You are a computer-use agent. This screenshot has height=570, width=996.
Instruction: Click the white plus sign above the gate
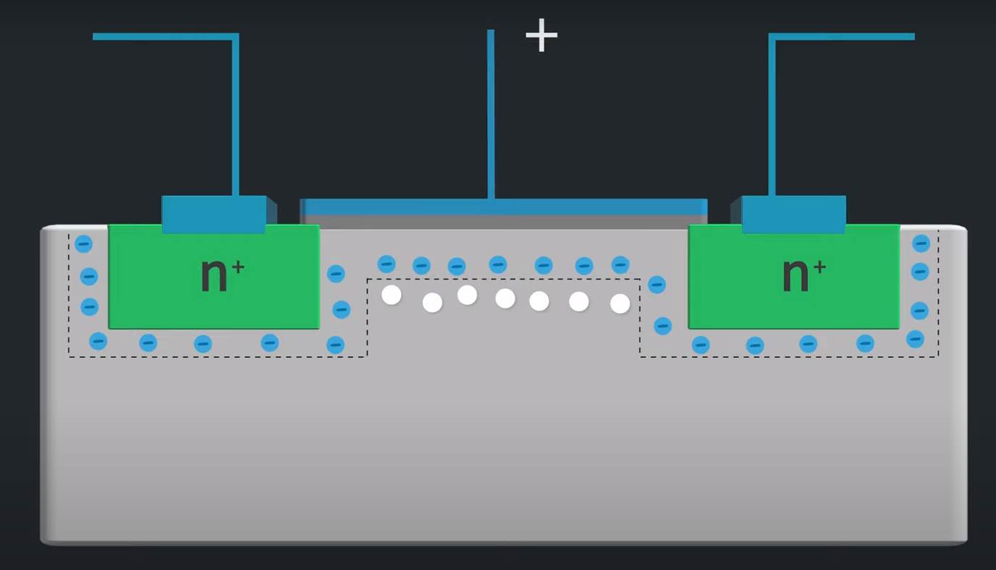[x=541, y=35]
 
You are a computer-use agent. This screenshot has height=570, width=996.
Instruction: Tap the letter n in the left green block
[x=214, y=276]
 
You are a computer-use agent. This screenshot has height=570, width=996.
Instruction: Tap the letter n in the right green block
[x=795, y=276]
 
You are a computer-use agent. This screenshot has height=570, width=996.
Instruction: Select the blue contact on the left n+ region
[x=214, y=214]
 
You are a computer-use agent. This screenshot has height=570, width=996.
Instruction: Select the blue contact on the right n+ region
[x=793, y=214]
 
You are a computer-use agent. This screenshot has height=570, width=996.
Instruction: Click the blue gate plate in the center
[x=504, y=206]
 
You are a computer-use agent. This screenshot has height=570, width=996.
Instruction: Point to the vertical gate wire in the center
[x=491, y=116]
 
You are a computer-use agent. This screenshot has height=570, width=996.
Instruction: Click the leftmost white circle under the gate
[x=392, y=295]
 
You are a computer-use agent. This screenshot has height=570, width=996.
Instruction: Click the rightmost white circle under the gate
[x=620, y=303]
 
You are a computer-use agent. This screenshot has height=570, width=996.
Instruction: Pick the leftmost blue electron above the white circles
[x=387, y=264]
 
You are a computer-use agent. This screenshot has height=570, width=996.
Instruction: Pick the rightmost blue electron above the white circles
[x=620, y=264]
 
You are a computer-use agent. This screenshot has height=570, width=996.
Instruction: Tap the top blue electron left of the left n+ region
[x=84, y=244]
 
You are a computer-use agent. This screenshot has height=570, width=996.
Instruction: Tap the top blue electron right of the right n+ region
[x=921, y=243]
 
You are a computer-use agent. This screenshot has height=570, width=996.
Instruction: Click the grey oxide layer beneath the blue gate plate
[x=504, y=222]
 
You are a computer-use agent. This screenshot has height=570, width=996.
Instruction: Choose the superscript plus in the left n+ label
[x=238, y=267]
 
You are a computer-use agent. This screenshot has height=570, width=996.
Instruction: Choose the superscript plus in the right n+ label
[x=819, y=267]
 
